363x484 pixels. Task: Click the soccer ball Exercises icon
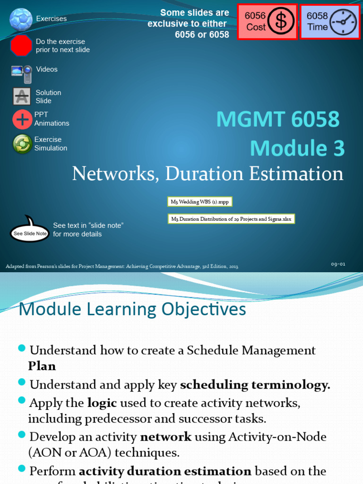21,19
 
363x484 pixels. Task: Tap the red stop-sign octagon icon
21,46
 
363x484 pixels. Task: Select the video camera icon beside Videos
22,73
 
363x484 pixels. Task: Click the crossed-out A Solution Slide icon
22,96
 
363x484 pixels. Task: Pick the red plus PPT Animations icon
22,120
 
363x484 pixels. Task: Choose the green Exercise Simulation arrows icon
22,144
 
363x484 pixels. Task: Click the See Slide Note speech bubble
30,232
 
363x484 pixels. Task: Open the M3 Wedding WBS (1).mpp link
200,202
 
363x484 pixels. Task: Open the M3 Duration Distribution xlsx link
232,219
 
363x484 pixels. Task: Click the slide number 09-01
338,264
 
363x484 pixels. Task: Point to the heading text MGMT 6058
277,120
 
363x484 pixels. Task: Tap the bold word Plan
42,366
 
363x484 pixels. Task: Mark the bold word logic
102,403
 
